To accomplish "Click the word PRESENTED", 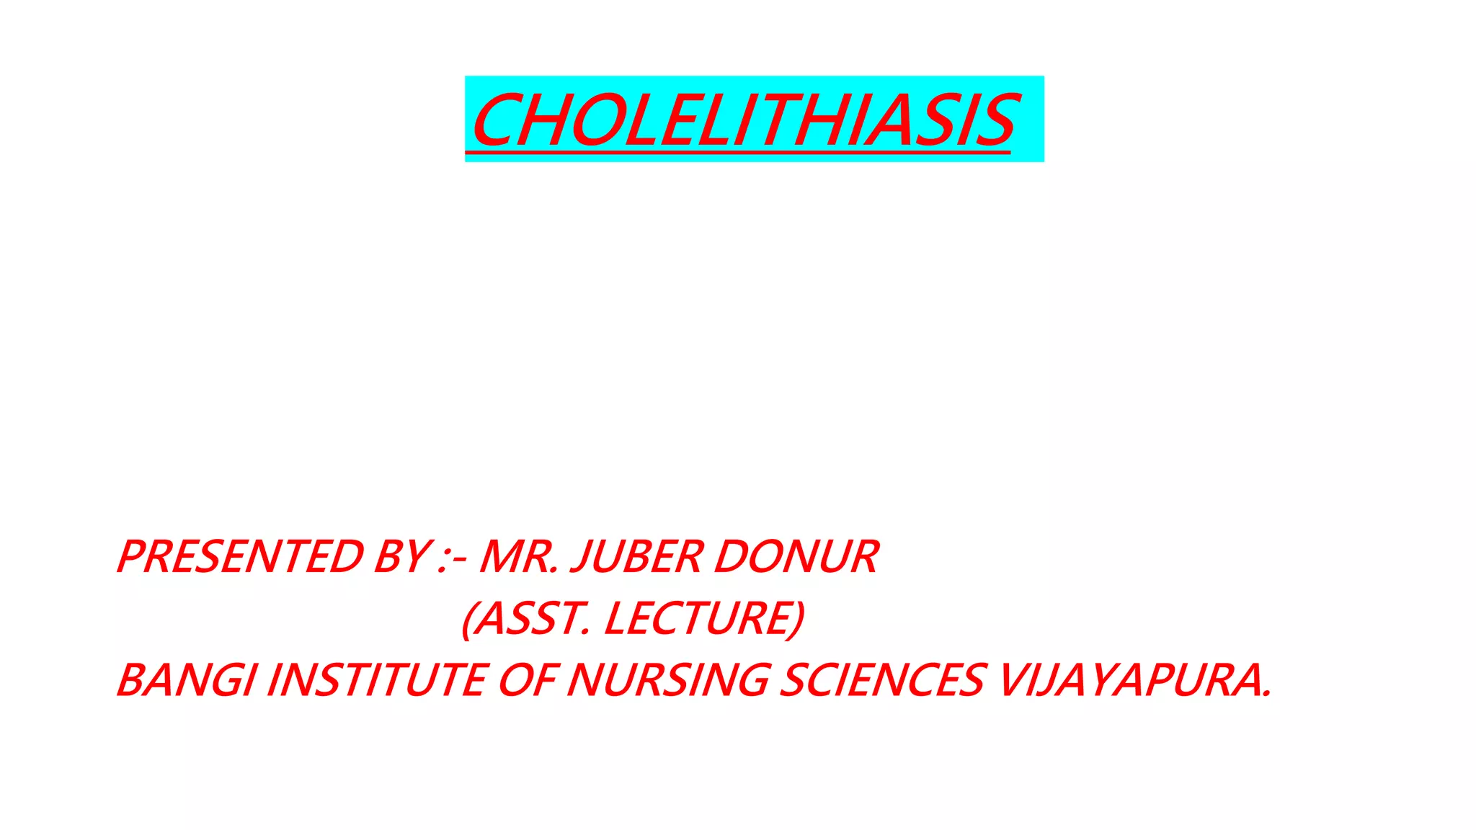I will click(240, 557).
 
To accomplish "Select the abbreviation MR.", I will click(518, 557).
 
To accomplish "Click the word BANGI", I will click(186, 680).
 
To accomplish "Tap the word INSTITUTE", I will click(377, 680).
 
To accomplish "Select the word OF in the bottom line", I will click(527, 680).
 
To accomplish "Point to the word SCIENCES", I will click(881, 680).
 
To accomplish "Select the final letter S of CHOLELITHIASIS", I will click(997, 121).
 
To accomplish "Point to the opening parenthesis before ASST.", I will click(468, 619).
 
